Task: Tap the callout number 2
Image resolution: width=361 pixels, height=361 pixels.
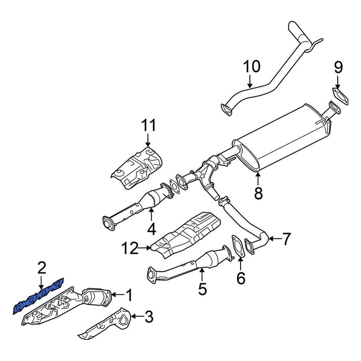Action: click(x=41, y=268)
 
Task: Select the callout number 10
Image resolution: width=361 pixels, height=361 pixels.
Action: click(x=252, y=67)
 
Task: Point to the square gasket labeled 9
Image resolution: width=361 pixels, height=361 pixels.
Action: click(x=340, y=95)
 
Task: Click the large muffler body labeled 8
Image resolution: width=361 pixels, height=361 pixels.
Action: click(x=286, y=137)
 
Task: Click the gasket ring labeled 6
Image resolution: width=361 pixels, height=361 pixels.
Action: click(x=237, y=248)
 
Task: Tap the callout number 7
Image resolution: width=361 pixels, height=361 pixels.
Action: click(x=287, y=239)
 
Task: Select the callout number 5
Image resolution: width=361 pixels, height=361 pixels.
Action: click(x=202, y=289)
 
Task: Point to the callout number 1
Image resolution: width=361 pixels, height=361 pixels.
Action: click(x=129, y=296)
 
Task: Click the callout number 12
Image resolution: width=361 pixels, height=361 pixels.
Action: click(x=130, y=248)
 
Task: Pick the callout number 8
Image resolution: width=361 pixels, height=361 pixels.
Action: click(x=258, y=193)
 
